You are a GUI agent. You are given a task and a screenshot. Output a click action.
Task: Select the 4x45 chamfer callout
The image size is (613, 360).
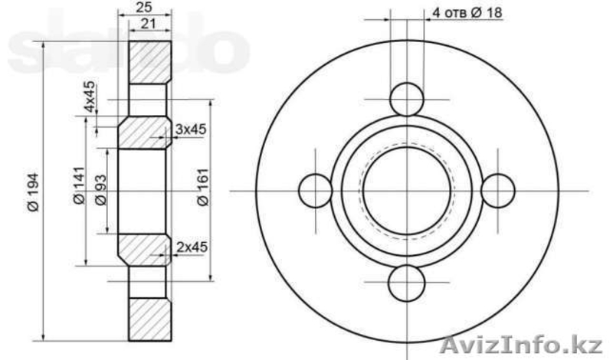coord(90,97)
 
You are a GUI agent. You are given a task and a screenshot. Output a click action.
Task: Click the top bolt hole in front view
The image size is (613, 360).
coord(406,99)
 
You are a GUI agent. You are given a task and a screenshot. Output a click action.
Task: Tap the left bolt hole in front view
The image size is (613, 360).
coord(314,191)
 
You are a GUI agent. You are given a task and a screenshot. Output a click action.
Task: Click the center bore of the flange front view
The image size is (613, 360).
coord(406,191)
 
